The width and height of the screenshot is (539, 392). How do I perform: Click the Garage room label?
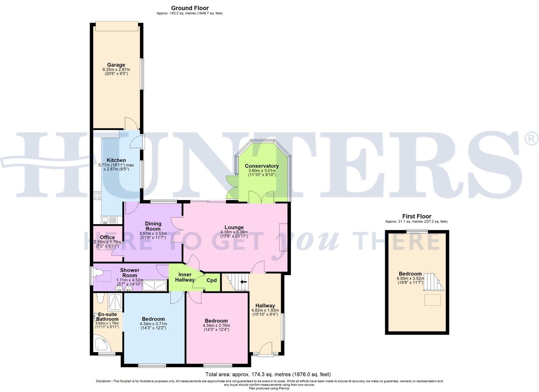coord(116,65)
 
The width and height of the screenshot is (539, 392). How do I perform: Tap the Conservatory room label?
coord(261,166)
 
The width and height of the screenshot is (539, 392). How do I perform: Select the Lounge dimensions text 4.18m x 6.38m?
coord(234,232)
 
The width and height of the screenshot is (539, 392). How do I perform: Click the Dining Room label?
coord(153,226)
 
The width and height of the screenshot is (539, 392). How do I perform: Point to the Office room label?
coord(107,237)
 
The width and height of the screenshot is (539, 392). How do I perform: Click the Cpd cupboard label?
coord(212,280)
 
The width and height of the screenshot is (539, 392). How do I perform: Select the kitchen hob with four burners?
coord(97,196)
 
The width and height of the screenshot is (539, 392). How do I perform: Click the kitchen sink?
coord(105,220)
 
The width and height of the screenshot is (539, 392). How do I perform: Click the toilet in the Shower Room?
coord(98,273)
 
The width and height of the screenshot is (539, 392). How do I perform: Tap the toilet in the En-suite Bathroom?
coord(101,298)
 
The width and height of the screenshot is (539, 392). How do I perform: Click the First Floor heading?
coord(416,216)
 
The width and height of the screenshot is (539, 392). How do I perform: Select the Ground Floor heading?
coord(190,8)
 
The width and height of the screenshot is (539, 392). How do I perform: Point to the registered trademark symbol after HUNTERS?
coord(531,139)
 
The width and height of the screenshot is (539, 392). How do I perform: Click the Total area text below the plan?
coord(268,374)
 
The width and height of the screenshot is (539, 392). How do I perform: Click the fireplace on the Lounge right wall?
coord(283,237)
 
